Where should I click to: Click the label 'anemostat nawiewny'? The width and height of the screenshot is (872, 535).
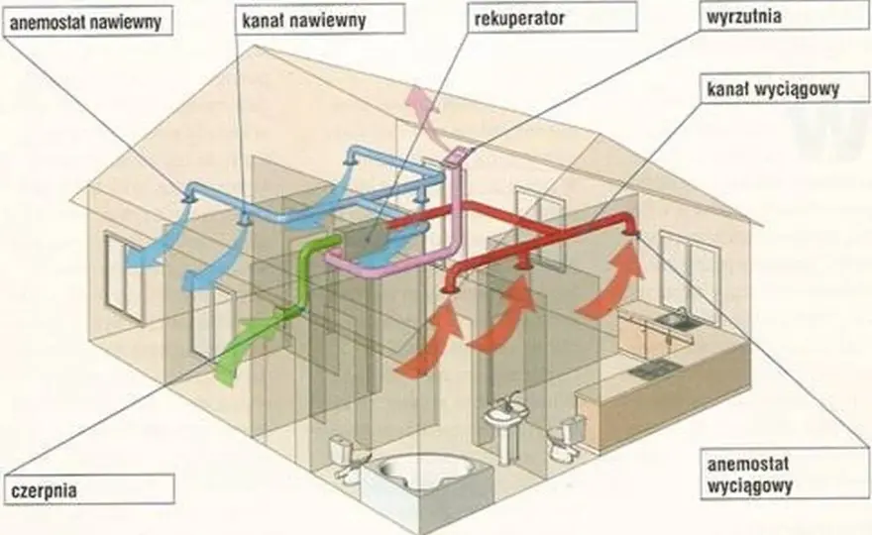[x=87, y=22]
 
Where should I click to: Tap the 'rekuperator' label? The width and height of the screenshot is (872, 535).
[x=552, y=17]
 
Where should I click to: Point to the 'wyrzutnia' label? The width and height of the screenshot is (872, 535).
[x=783, y=16]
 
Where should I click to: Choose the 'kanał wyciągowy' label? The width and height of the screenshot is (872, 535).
[x=784, y=88]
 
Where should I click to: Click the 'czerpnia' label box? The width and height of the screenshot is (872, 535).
[x=89, y=489]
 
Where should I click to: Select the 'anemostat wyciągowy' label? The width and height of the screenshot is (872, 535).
[x=783, y=475]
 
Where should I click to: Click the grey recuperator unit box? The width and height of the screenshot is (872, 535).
[x=366, y=240]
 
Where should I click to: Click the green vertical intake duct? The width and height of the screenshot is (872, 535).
[x=308, y=273]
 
